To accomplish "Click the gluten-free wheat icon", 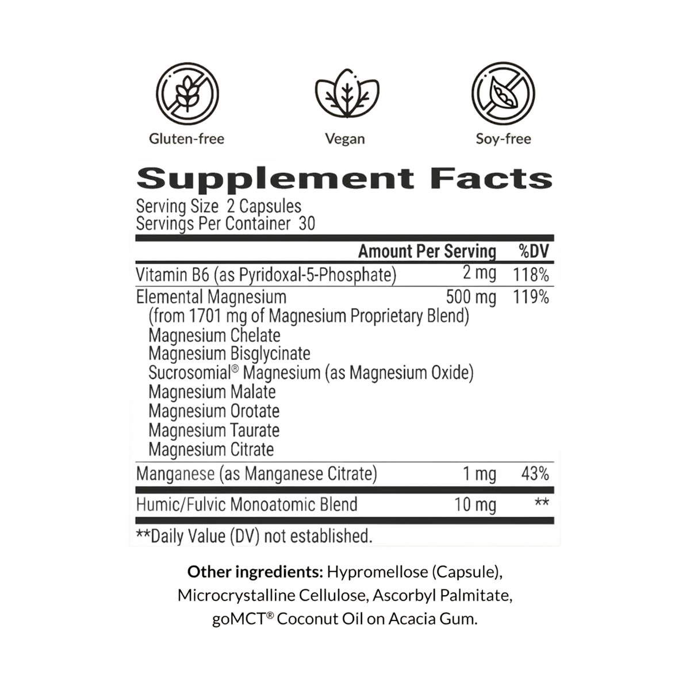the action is [187, 94].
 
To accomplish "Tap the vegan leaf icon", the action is [347, 93].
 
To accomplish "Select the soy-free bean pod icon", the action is [503, 94].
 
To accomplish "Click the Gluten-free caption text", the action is [187, 139].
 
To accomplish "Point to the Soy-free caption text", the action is [503, 139].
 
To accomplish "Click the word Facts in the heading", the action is [491, 178].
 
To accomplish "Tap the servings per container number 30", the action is [307, 224].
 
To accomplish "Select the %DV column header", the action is [534, 252].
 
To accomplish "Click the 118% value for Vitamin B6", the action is [531, 275].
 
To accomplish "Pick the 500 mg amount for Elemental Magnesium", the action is [471, 297].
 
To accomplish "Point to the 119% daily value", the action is [531, 297].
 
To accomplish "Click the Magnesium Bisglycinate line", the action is [229, 354].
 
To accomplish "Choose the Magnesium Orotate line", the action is [214, 411].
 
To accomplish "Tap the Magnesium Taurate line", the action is [214, 430].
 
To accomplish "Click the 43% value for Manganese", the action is [535, 474].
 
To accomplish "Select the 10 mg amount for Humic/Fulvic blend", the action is [476, 505].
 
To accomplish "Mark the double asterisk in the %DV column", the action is [542, 502].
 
